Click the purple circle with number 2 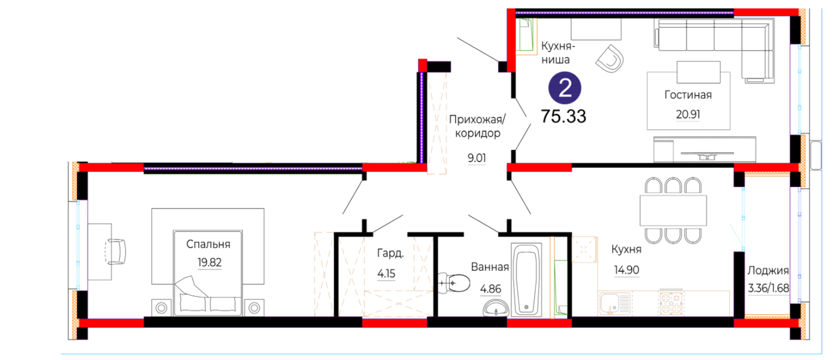pyautogui.click(x=565, y=88)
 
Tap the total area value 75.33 pyautogui.click(x=564, y=116)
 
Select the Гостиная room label pyautogui.click(x=688, y=95)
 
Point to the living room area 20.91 pyautogui.click(x=688, y=115)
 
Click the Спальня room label pyautogui.click(x=208, y=244)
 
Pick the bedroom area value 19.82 pyautogui.click(x=210, y=263)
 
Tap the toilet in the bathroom pyautogui.click(x=454, y=283)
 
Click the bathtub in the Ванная pyautogui.click(x=526, y=280)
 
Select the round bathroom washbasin pyautogui.click(x=496, y=308)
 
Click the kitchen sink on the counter pyautogui.click(x=614, y=304)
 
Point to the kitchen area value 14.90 pyautogui.click(x=627, y=270)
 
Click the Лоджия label pyautogui.click(x=768, y=271)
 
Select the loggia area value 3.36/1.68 pyautogui.click(x=768, y=288)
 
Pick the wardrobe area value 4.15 pyautogui.click(x=386, y=274)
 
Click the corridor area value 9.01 pyautogui.click(x=477, y=158)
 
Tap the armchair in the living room pyautogui.click(x=610, y=59)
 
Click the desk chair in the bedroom pyautogui.click(x=117, y=251)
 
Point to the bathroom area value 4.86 pyautogui.click(x=490, y=289)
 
